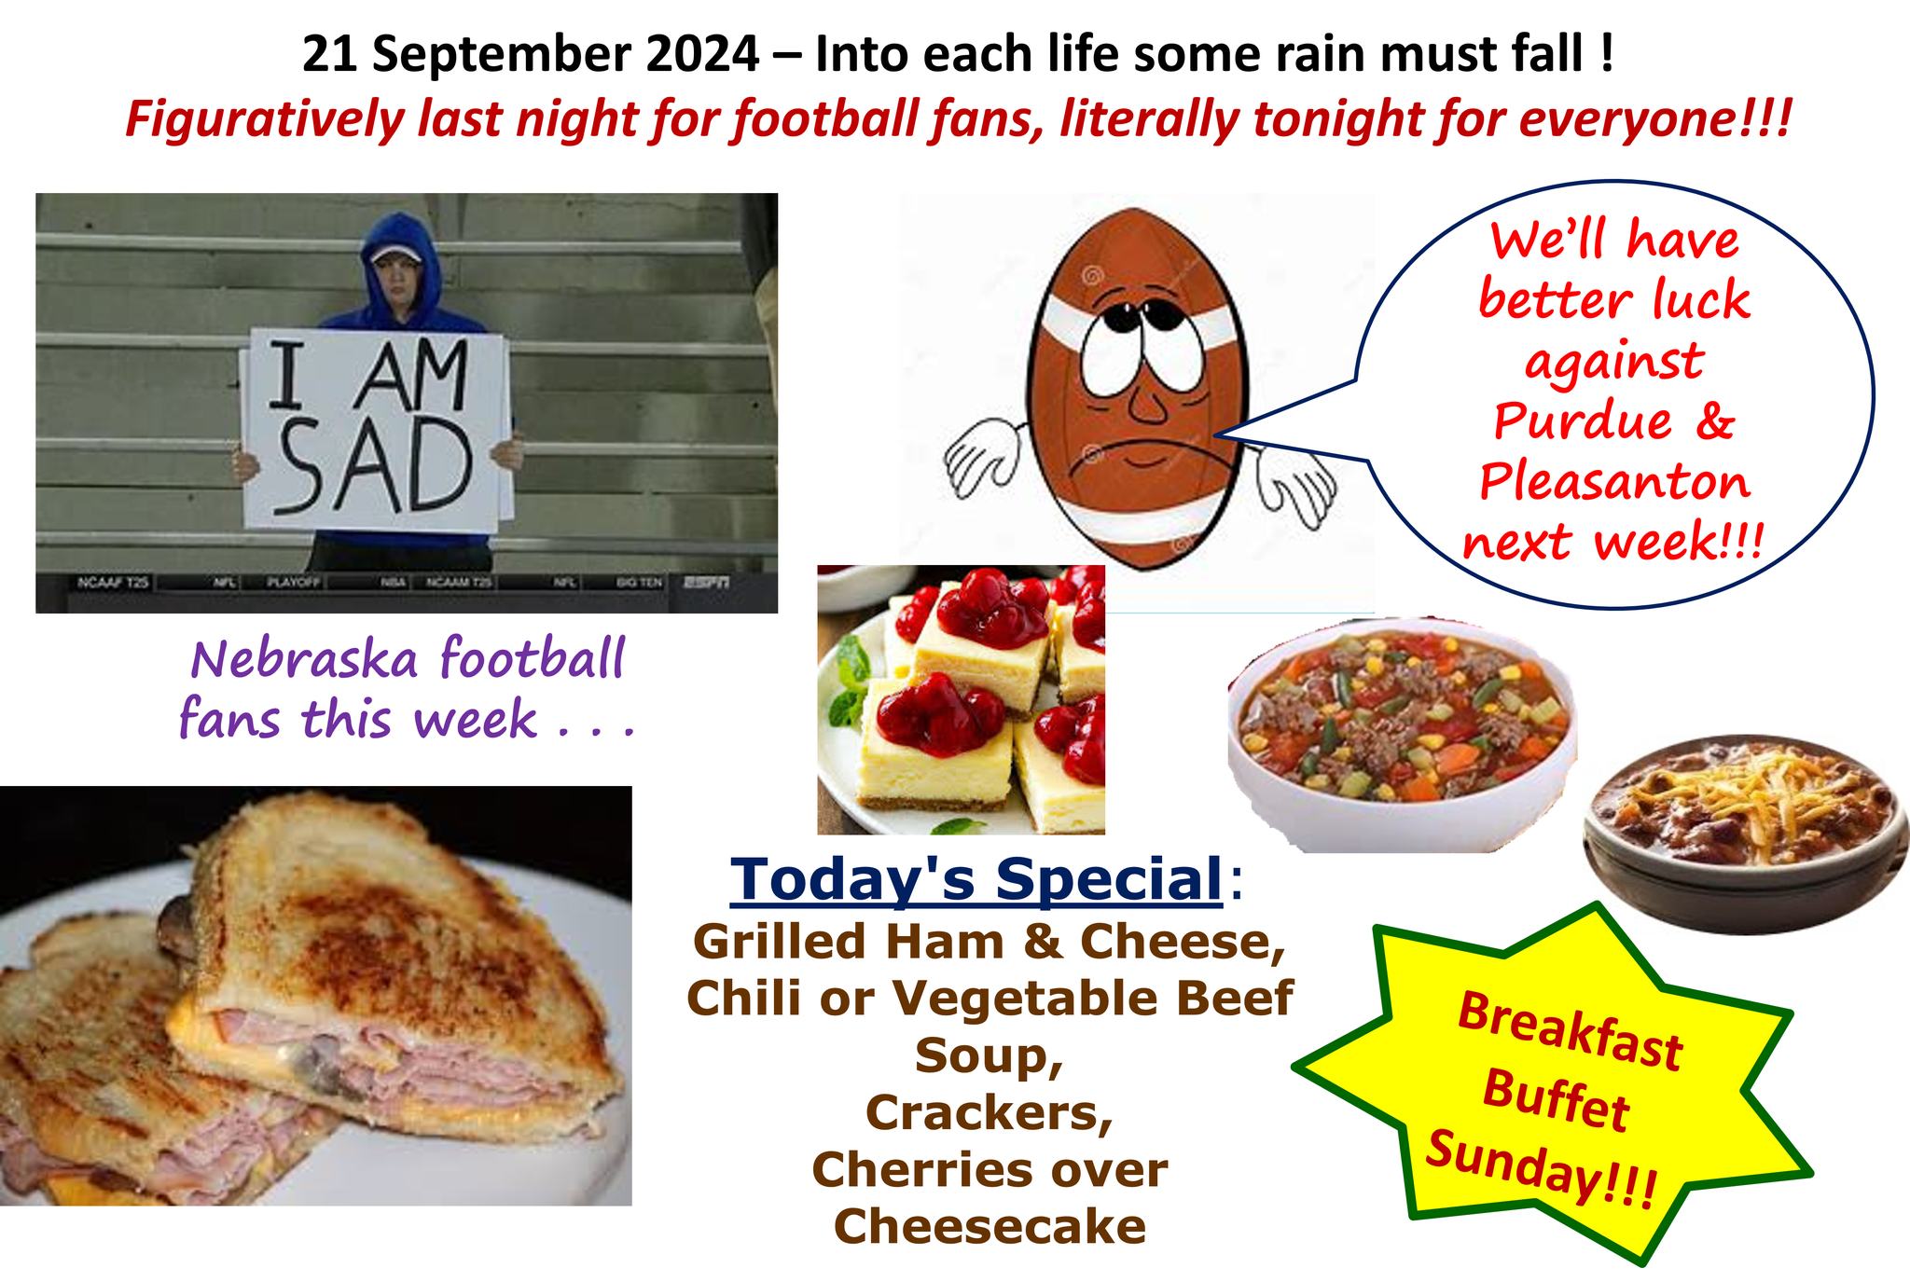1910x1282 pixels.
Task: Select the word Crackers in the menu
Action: (x=990, y=1111)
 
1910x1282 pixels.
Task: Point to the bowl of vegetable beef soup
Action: (x=1402, y=734)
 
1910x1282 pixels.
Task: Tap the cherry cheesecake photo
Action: (x=962, y=699)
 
